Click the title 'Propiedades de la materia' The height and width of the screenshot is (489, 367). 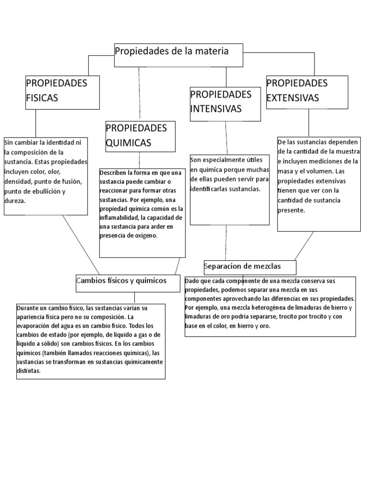(x=172, y=51)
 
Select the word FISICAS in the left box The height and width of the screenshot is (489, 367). (x=42, y=98)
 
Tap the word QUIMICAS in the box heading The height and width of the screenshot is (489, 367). (x=129, y=143)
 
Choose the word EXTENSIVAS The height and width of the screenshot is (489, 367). (x=292, y=98)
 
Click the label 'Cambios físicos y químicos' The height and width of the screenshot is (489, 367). (x=121, y=281)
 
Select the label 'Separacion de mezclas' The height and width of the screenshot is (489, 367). (x=243, y=266)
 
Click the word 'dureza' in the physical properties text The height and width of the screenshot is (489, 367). (x=14, y=201)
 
